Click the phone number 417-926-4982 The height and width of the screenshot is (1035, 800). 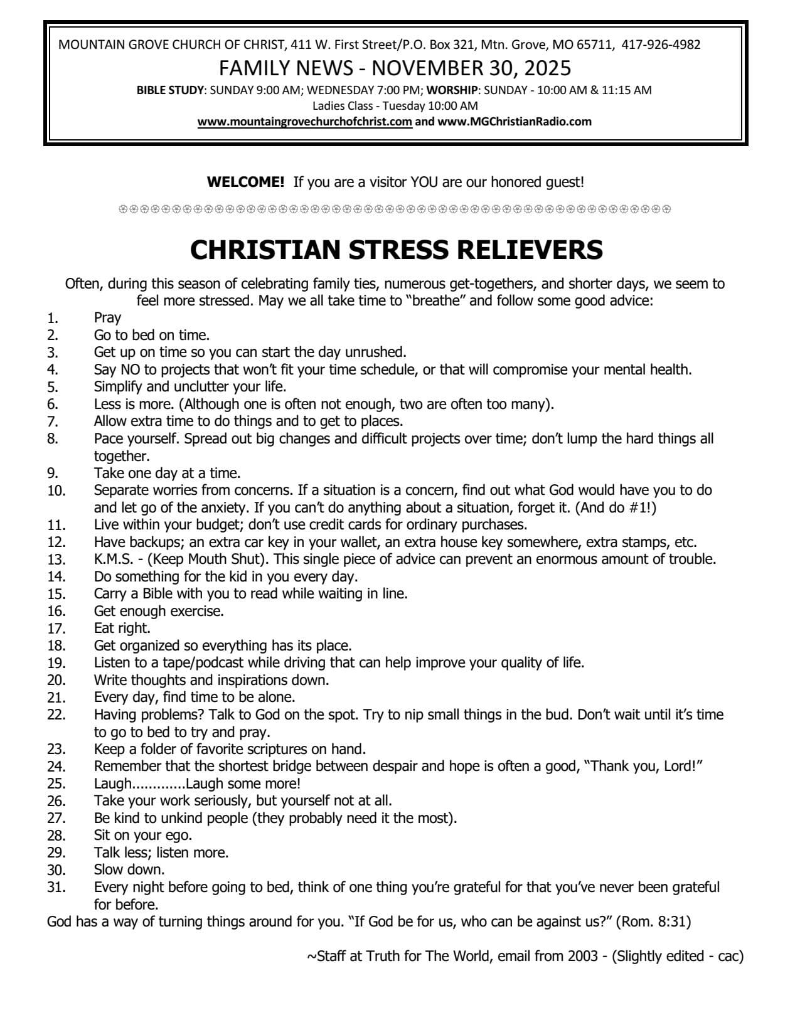[x=661, y=45]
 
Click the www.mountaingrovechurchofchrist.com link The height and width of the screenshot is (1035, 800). [x=305, y=122]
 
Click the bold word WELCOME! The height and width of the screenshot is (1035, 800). [x=245, y=183]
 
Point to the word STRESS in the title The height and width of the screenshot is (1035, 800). [x=398, y=250]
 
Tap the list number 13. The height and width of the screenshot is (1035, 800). [x=56, y=560]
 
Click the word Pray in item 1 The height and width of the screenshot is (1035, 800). [x=107, y=318]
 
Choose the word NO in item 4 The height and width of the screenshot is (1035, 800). [x=129, y=369]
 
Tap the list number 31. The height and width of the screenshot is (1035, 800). [x=56, y=888]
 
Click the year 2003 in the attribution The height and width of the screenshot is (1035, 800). [x=585, y=957]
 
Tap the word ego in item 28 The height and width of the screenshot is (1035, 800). [x=179, y=836]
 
